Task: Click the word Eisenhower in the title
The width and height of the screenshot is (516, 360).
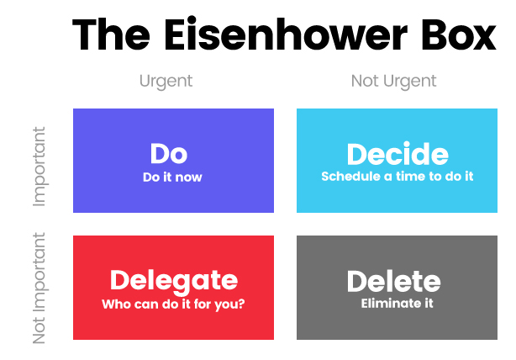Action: [x=286, y=34]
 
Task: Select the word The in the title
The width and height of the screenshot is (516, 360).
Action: [x=111, y=34]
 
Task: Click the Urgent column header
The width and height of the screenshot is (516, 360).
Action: [x=166, y=82]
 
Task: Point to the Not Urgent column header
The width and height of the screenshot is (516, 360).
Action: [x=393, y=82]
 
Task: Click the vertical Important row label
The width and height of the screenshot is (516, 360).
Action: [x=39, y=167]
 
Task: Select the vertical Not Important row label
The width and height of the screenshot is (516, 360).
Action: [x=39, y=289]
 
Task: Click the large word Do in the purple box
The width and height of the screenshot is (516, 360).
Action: [x=169, y=153]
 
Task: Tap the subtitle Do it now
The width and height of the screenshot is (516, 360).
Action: [x=172, y=177]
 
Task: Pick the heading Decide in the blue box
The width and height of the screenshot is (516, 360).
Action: [x=398, y=153]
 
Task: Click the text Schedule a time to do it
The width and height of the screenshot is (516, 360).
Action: [x=398, y=176]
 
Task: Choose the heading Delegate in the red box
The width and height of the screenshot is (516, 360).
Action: [x=174, y=281]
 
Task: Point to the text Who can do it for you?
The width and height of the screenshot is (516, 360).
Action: [x=173, y=304]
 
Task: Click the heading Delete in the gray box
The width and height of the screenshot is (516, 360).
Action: [x=394, y=281]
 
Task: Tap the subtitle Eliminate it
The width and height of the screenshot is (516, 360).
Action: [x=397, y=303]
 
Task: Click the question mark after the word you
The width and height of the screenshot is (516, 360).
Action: [x=241, y=303]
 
